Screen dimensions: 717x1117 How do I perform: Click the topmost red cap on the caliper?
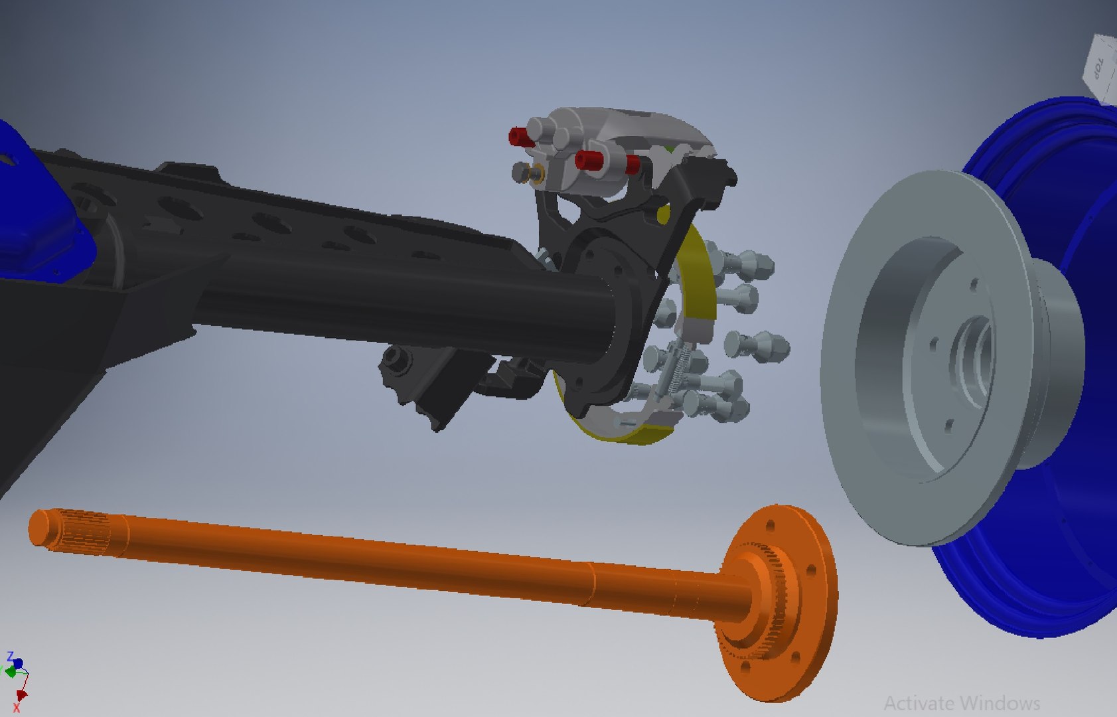520,137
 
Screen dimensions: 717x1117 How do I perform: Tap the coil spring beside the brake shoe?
677,372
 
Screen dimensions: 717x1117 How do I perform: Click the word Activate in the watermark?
920,702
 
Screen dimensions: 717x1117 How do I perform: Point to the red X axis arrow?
21,696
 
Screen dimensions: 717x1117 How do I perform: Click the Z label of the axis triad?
10,657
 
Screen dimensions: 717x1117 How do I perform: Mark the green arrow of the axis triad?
9,672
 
